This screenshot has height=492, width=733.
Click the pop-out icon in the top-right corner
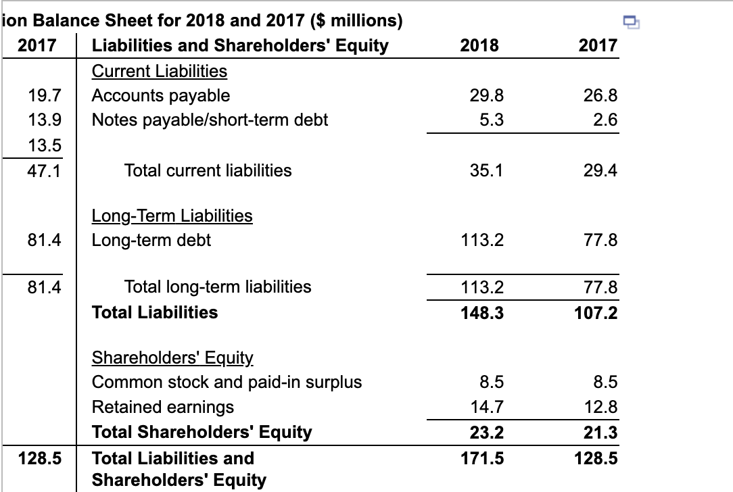[630, 24]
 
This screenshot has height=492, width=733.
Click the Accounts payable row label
[161, 95]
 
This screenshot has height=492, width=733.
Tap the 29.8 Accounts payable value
[487, 95]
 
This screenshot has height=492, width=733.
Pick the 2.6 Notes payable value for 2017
[606, 120]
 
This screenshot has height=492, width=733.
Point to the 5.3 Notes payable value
[492, 120]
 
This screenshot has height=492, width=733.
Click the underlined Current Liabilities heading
[160, 71]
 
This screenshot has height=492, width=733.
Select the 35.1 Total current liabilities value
[487, 170]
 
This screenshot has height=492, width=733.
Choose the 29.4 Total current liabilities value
[601, 170]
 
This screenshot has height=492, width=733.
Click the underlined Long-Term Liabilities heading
[172, 216]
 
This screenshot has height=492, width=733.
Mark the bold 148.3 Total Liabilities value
[482, 312]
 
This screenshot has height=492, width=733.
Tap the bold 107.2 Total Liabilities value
[596, 312]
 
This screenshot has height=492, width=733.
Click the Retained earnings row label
[163, 407]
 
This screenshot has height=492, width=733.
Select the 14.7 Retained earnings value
[487, 407]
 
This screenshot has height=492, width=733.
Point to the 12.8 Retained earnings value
[601, 407]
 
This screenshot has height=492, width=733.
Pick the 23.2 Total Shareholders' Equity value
[487, 432]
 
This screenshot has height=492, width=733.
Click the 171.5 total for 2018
[482, 458]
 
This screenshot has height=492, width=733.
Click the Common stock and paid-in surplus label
[227, 383]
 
